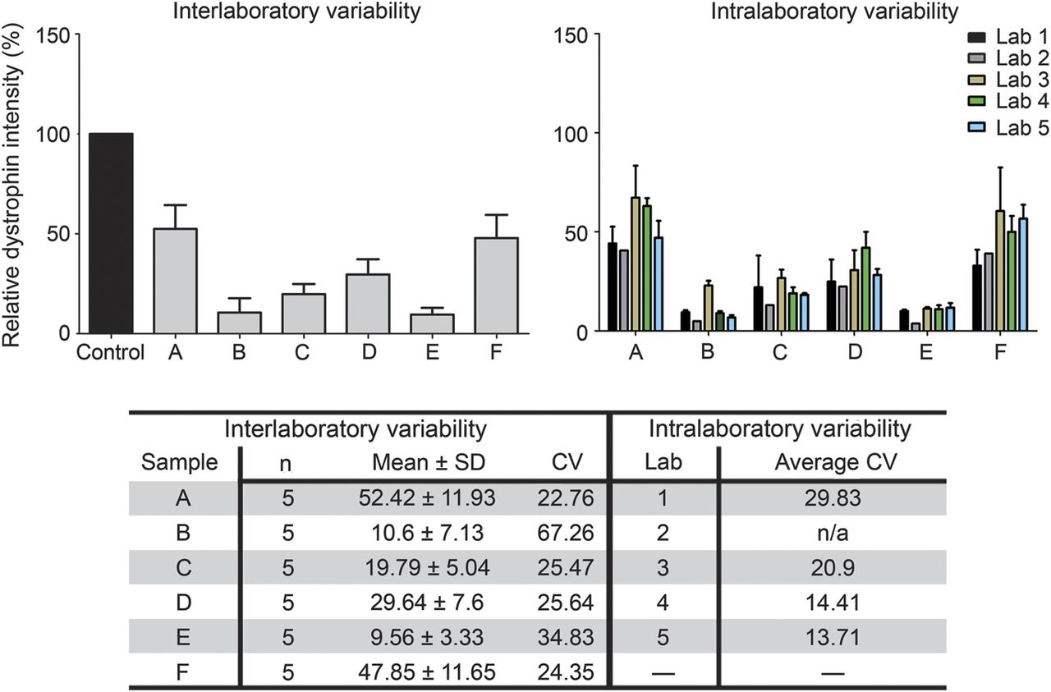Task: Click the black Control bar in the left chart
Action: coord(111,233)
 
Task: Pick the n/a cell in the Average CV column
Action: coord(832,534)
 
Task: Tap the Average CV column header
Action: coord(832,462)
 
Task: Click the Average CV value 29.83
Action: coord(832,497)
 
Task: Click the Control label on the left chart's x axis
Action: coord(110,355)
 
